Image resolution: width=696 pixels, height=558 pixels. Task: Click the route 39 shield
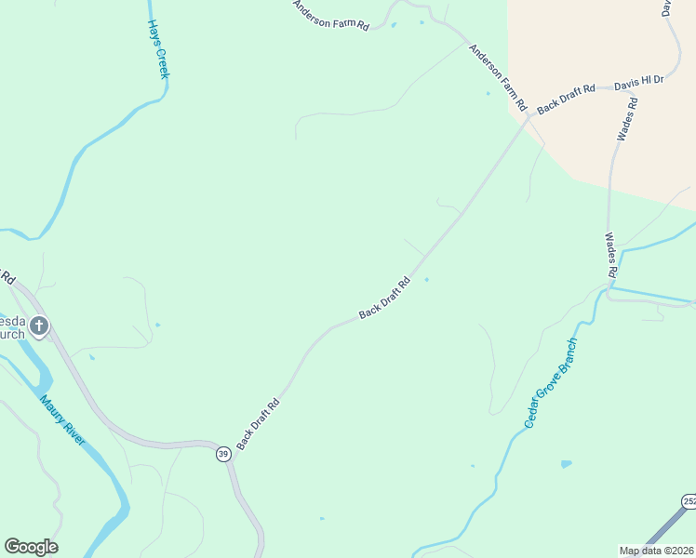click(222, 454)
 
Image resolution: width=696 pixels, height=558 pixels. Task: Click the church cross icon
click(38, 325)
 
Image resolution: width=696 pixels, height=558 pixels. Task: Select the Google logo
click(31, 547)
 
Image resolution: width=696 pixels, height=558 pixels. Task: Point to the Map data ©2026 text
click(657, 551)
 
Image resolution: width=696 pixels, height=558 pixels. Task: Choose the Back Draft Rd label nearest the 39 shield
click(259, 425)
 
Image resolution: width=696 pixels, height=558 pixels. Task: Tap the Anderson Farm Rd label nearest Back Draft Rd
click(498, 77)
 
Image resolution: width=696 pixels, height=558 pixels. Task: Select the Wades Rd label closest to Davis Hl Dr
click(628, 119)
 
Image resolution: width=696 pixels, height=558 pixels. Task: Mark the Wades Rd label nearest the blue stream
click(611, 255)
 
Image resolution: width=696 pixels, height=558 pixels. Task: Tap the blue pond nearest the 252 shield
click(566, 463)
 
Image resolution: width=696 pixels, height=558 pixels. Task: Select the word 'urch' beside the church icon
click(11, 334)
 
